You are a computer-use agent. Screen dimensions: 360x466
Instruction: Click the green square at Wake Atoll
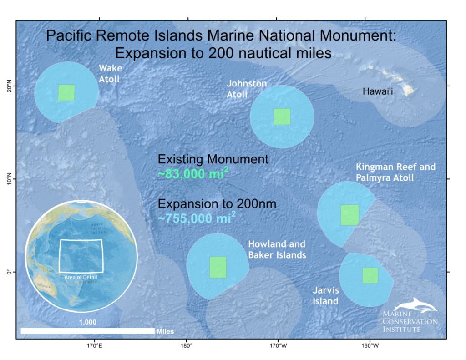[66, 92]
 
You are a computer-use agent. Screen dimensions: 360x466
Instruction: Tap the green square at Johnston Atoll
[282, 117]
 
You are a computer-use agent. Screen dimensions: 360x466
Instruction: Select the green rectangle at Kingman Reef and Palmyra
[349, 215]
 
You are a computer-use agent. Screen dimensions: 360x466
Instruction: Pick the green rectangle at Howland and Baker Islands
[218, 267]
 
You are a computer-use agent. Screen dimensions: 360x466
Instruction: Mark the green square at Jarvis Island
[370, 275]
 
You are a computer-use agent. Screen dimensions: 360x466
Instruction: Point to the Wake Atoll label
[109, 74]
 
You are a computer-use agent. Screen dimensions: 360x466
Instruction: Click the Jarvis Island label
[325, 295]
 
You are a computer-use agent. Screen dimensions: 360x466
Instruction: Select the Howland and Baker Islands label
[276, 250]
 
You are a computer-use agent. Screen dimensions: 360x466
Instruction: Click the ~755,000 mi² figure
[197, 218]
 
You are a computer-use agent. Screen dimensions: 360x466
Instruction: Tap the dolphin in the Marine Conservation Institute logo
[416, 305]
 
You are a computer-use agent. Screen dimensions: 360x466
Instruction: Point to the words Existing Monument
[213, 159]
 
